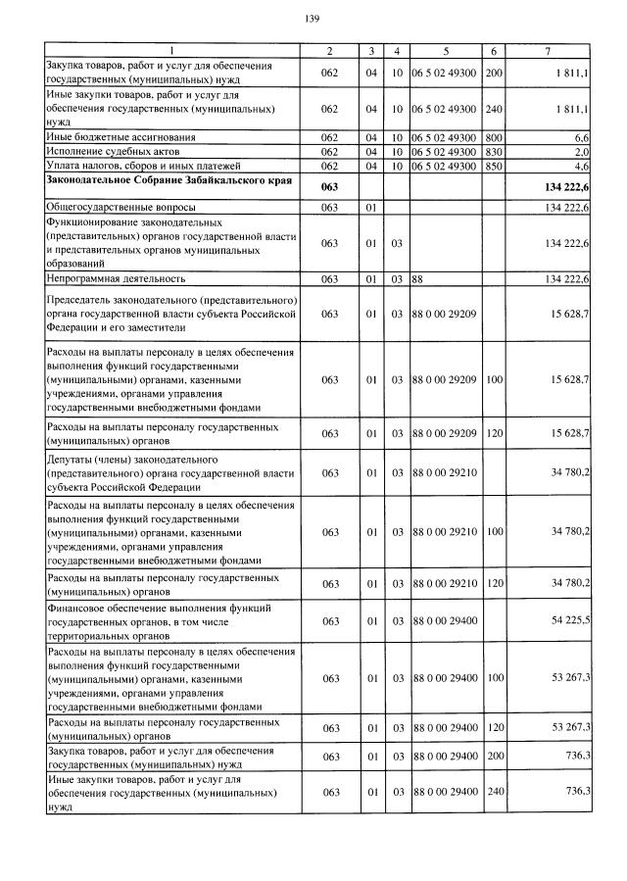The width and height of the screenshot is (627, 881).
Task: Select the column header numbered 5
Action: [x=445, y=50]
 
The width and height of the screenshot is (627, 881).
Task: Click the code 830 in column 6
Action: [x=494, y=152]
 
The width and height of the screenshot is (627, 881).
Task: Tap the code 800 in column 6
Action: [x=494, y=138]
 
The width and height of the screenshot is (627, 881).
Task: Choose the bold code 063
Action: [x=329, y=187]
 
